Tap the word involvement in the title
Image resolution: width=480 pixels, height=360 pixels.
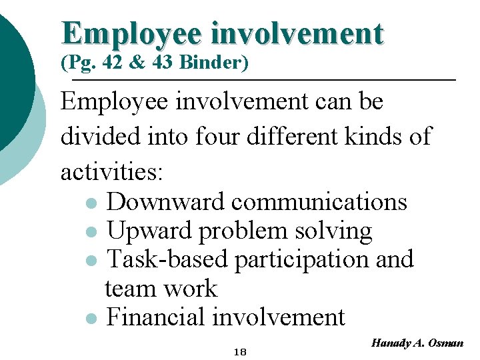pyautogui.click(x=297, y=33)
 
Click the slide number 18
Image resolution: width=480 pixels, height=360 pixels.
pyautogui.click(x=239, y=351)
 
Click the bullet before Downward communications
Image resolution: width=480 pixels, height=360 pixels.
pyautogui.click(x=91, y=202)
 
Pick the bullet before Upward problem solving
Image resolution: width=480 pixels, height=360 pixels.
pyautogui.click(x=91, y=231)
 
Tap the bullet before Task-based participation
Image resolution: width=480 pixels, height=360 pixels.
pyautogui.click(x=91, y=260)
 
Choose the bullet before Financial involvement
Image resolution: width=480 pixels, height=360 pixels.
pyautogui.click(x=91, y=318)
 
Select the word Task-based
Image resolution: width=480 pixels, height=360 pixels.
pyautogui.click(x=167, y=259)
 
